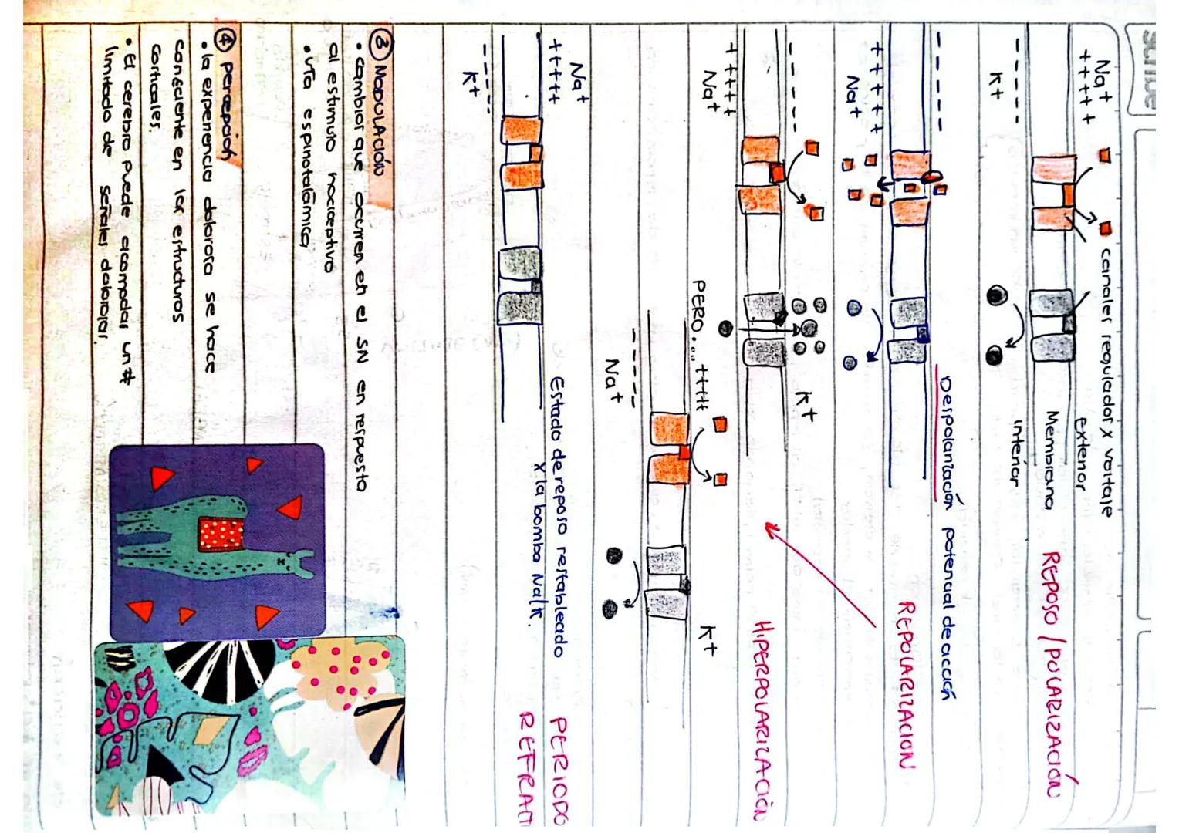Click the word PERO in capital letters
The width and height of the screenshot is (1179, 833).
click(x=701, y=308)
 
